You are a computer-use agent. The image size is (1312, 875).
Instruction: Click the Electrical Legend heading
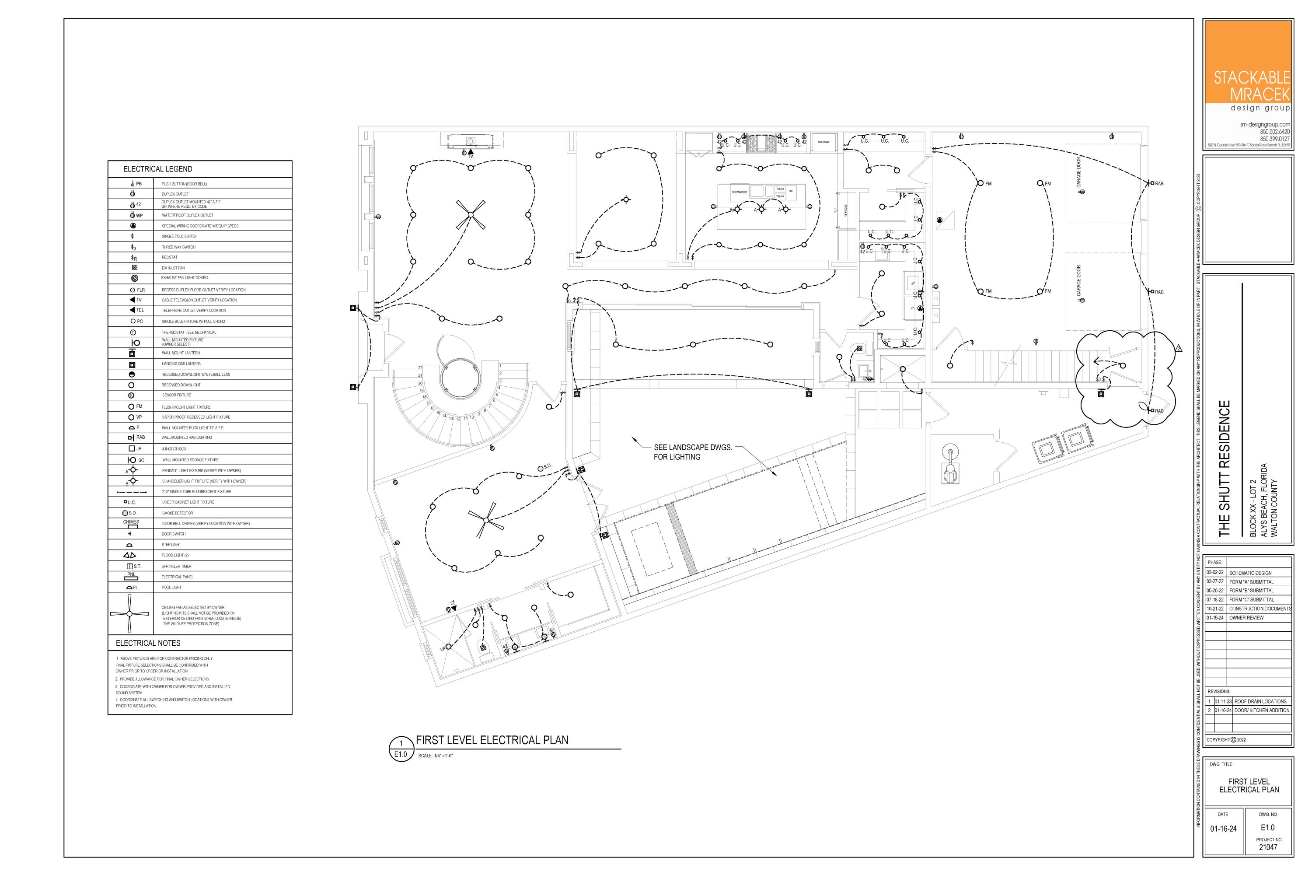click(x=158, y=169)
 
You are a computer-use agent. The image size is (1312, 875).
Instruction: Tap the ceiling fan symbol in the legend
click(x=129, y=614)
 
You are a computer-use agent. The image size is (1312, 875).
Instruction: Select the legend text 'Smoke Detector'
click(x=178, y=513)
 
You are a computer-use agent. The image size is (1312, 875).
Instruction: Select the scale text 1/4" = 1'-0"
click(x=436, y=756)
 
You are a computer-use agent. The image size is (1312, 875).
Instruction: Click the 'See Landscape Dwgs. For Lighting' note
click(x=693, y=452)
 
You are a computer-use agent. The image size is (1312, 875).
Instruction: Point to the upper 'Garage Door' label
click(x=1078, y=172)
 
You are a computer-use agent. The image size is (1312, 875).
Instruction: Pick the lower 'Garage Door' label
click(x=1078, y=280)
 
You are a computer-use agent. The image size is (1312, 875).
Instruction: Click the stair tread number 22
click(x=420, y=368)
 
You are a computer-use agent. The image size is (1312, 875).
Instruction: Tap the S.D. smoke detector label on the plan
click(x=547, y=466)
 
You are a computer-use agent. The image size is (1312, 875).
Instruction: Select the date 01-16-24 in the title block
click(x=1223, y=829)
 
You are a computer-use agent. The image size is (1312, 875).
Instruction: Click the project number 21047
click(x=1268, y=847)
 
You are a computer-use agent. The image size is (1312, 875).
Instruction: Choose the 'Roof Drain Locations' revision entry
click(x=1260, y=701)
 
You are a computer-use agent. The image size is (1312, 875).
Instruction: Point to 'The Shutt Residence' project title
click(x=1225, y=469)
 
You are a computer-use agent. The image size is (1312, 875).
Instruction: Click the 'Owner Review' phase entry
click(x=1246, y=618)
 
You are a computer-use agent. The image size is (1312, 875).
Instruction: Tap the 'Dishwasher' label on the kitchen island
click(x=740, y=192)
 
